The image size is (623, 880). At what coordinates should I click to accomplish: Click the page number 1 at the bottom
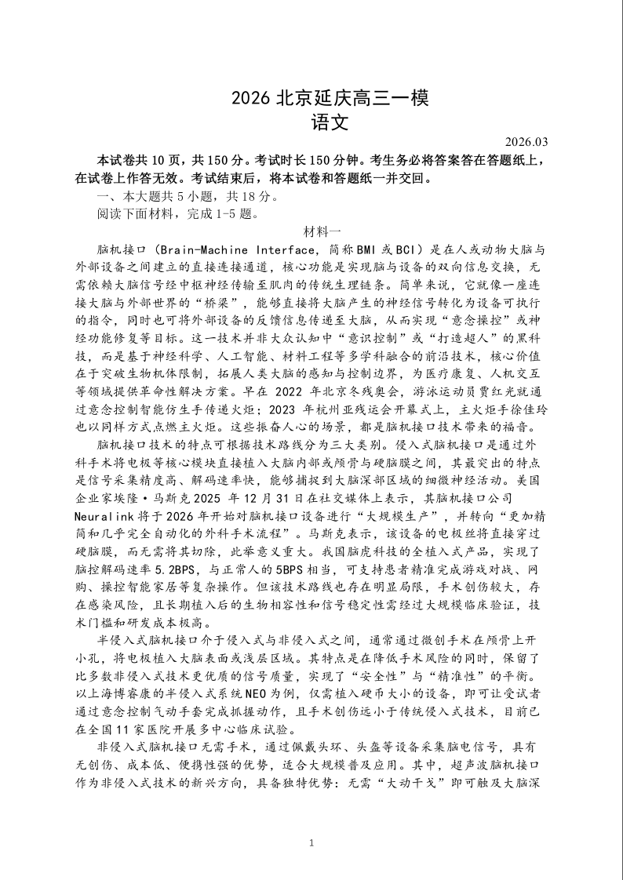tap(311, 843)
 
